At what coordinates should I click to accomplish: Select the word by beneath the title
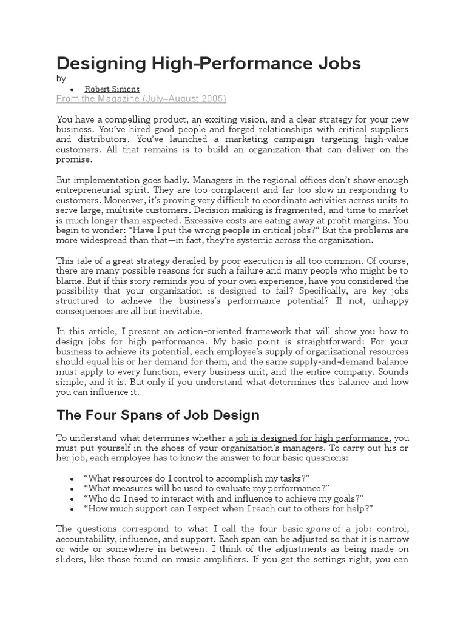click(61, 78)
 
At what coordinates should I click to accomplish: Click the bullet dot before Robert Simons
click(72, 89)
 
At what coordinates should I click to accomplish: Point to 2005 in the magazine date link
click(213, 99)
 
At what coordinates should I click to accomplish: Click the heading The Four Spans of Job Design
click(158, 415)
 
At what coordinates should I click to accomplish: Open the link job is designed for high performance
click(312, 438)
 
